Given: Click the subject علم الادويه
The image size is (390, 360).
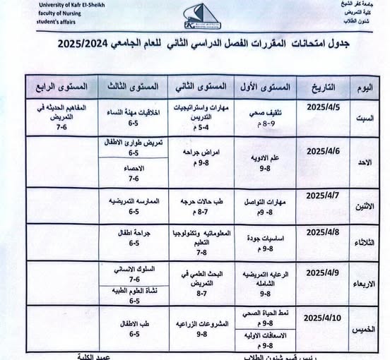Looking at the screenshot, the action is coord(265,158).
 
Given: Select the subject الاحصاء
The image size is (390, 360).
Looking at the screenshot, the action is coord(134,169).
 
